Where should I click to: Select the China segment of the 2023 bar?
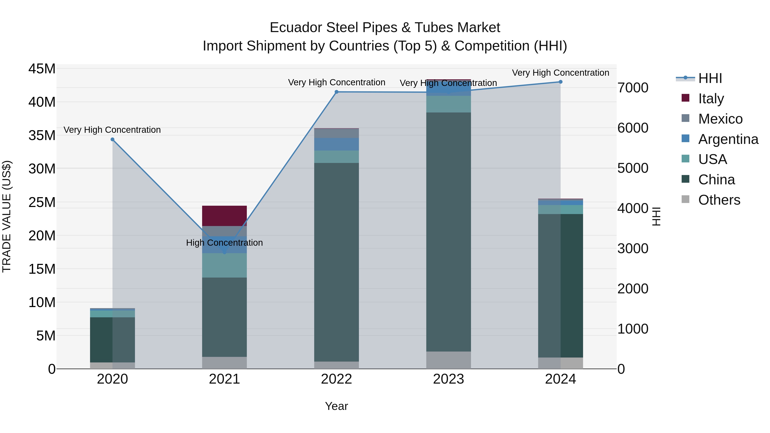coord(448,232)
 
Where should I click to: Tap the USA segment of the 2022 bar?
coord(336,157)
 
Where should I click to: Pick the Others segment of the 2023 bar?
coord(448,360)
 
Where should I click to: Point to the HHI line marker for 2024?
coord(560,82)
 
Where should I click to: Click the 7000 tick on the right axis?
coord(633,88)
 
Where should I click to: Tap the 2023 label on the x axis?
coord(448,379)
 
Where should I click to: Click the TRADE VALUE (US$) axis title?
coord(7,216)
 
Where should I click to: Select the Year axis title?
coord(336,406)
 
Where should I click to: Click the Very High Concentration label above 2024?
coord(560,73)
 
